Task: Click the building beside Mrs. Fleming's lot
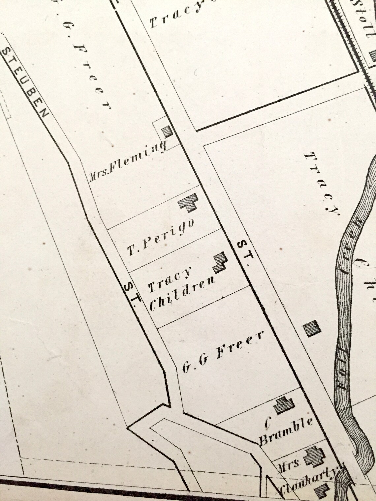tap(168, 132)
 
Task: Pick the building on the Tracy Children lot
tap(220, 262)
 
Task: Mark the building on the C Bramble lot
tap(284, 406)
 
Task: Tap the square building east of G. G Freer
tap(312, 329)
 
